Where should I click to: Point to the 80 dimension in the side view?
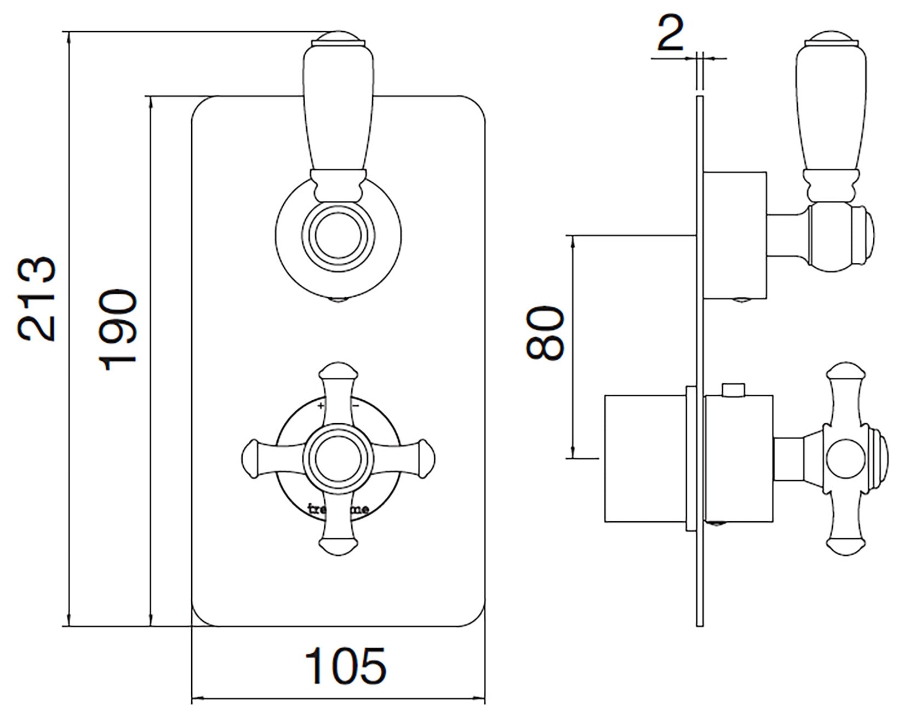(545, 333)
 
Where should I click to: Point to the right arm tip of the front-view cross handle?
(423, 456)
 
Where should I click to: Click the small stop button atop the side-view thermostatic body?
(734, 389)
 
